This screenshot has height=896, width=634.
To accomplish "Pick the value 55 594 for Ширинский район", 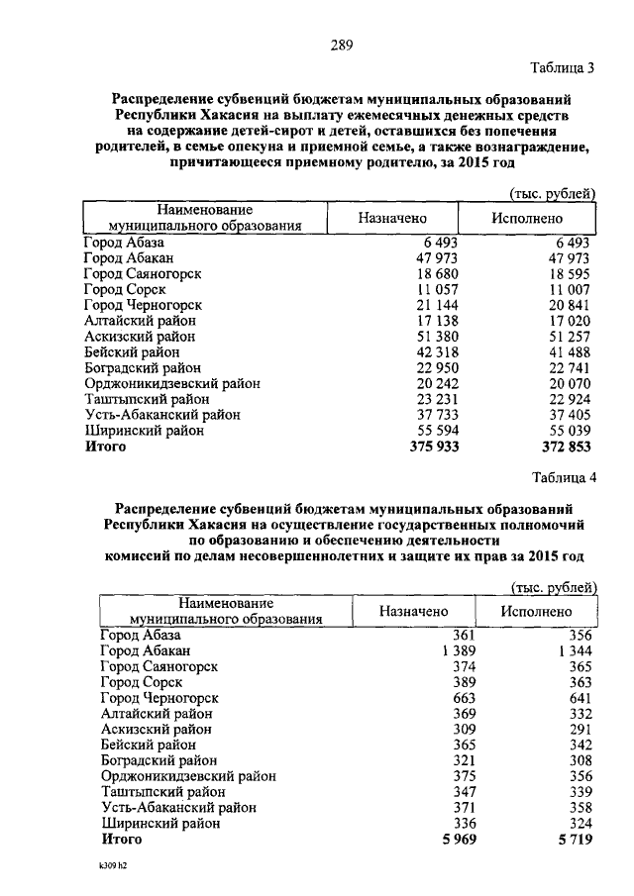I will click(436, 432).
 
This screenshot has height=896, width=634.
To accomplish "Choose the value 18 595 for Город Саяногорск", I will click(567, 273).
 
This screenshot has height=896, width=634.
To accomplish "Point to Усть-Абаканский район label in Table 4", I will click(179, 808).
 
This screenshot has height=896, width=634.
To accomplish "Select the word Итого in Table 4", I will click(122, 840).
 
